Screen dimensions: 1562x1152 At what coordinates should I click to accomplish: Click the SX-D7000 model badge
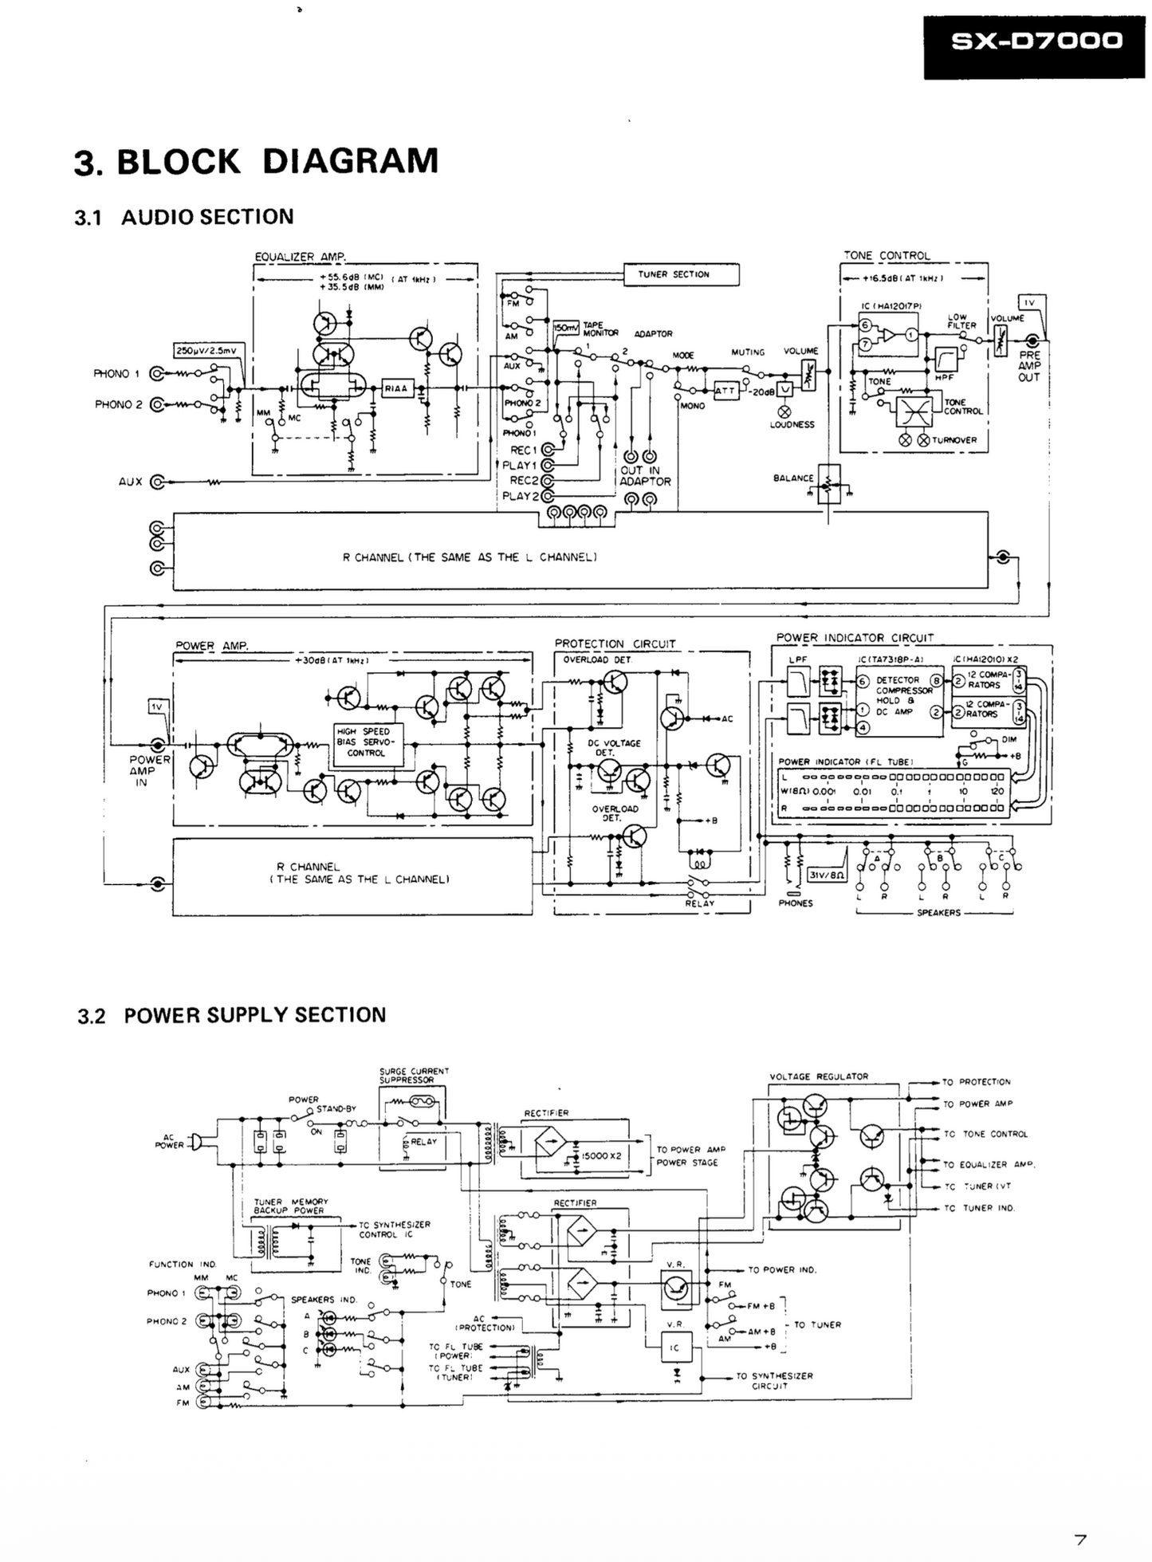tap(1036, 41)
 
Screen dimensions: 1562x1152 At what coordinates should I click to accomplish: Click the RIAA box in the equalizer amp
tap(396, 388)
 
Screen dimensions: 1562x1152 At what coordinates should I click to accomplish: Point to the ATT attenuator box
tap(725, 391)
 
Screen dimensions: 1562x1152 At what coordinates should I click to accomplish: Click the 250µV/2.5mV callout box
tap(210, 350)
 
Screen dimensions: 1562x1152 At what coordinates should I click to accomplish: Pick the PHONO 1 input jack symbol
tap(156, 373)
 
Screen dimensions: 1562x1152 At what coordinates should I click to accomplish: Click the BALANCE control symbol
tap(828, 483)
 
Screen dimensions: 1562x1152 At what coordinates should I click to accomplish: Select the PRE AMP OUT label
tap(1029, 366)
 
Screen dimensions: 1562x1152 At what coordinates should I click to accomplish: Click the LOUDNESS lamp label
tap(792, 425)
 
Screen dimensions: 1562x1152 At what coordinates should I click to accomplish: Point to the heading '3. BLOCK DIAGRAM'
tap(256, 161)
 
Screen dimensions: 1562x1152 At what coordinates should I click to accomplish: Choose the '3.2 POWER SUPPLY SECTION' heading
tap(231, 1015)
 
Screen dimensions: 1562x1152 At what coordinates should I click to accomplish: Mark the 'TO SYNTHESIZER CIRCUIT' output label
tap(773, 1380)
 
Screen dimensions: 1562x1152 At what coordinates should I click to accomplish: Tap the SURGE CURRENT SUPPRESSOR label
tap(414, 1076)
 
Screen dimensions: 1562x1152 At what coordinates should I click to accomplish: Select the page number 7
tap(1080, 1540)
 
